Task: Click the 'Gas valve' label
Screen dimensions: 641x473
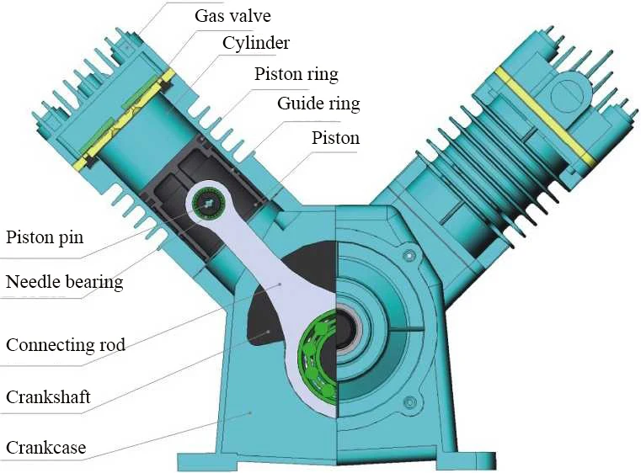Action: [233, 16]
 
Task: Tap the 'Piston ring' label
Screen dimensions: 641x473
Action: [296, 74]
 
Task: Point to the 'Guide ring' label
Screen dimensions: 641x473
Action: [318, 104]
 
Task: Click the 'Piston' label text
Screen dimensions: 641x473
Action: [335, 137]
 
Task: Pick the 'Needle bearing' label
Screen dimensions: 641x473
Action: [65, 282]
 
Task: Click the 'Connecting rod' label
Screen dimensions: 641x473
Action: [66, 345]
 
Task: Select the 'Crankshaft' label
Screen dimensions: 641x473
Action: [48, 396]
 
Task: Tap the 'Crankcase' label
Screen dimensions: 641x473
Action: [46, 447]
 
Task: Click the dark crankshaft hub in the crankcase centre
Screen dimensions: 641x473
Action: [346, 332]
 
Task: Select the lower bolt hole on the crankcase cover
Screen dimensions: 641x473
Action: [409, 402]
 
